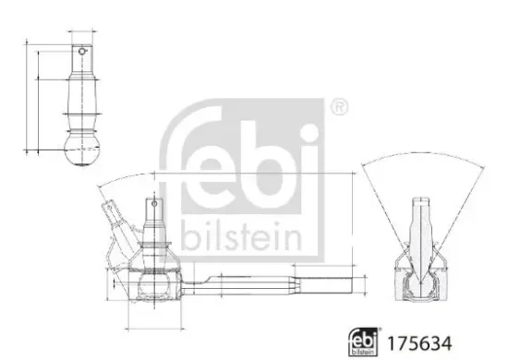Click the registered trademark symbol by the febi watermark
click(339, 107)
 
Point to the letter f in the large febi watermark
click(185, 157)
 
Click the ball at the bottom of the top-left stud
click(84, 150)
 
